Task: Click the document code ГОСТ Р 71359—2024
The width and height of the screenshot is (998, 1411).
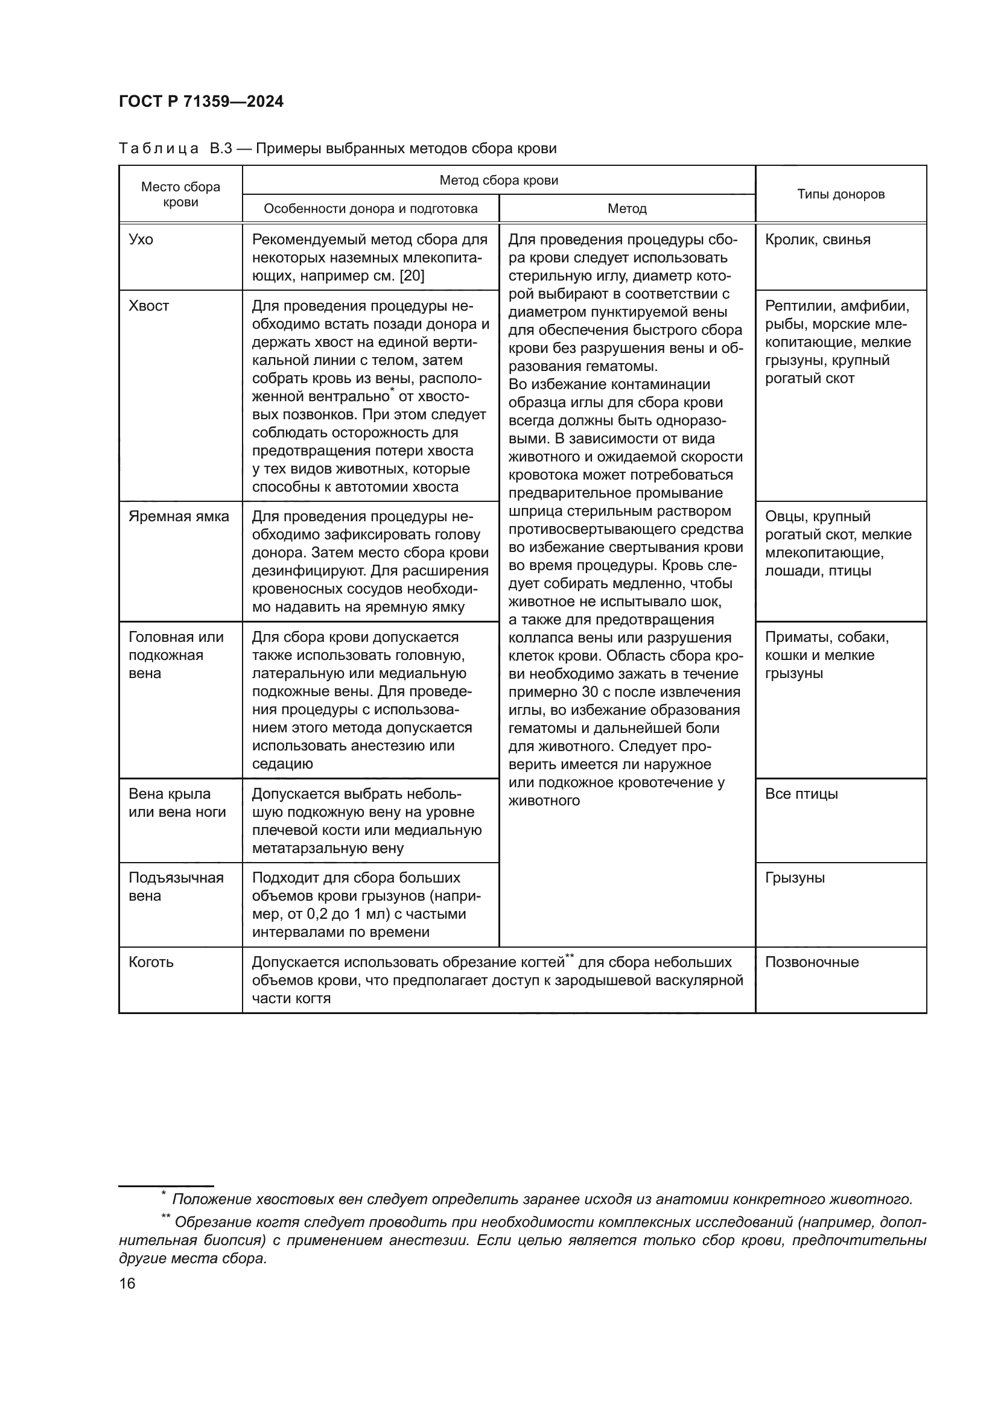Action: click(x=201, y=102)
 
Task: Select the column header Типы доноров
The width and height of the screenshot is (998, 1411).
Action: click(x=841, y=194)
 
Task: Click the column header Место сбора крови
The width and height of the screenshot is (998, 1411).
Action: click(x=180, y=194)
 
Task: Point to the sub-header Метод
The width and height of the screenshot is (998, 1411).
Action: click(x=627, y=209)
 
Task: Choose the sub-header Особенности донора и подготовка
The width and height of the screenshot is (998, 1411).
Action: click(x=370, y=209)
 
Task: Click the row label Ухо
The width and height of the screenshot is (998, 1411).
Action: click(x=141, y=239)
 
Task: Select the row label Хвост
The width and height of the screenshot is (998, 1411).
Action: click(x=148, y=306)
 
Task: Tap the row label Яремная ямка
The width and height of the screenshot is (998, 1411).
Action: click(x=178, y=516)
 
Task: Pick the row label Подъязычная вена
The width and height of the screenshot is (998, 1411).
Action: click(x=176, y=886)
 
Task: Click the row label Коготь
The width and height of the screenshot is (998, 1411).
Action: click(x=151, y=962)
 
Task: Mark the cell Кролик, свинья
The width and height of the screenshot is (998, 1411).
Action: click(x=818, y=239)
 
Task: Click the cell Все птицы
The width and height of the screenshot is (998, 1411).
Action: click(x=801, y=794)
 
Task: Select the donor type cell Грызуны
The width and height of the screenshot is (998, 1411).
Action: click(x=795, y=878)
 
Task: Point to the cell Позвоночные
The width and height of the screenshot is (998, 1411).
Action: click(x=811, y=962)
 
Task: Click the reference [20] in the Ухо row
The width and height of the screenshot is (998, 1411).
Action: click(x=412, y=276)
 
